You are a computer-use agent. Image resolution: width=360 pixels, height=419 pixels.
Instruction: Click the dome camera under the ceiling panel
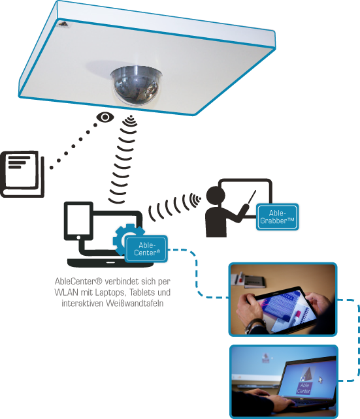[137, 85]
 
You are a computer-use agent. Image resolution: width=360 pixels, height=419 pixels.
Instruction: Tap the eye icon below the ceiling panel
[105, 117]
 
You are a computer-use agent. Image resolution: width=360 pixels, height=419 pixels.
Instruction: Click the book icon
[22, 174]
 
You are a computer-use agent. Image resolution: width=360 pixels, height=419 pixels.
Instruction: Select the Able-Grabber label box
[278, 217]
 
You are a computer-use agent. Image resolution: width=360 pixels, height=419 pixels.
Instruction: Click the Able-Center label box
[146, 249]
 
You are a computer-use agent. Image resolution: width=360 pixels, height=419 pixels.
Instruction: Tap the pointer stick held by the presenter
[252, 196]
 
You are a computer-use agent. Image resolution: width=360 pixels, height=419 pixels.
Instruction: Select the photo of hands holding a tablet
[283, 300]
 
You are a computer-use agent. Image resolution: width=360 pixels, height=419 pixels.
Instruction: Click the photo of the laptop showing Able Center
[284, 382]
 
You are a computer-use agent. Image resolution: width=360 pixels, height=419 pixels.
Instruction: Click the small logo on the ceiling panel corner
[65, 25]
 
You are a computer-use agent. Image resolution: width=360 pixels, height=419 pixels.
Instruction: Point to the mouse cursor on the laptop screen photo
[320, 380]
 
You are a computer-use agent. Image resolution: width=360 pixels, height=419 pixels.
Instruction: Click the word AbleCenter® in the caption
[78, 281]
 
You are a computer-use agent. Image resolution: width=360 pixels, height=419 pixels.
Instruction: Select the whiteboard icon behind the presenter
[245, 198]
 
